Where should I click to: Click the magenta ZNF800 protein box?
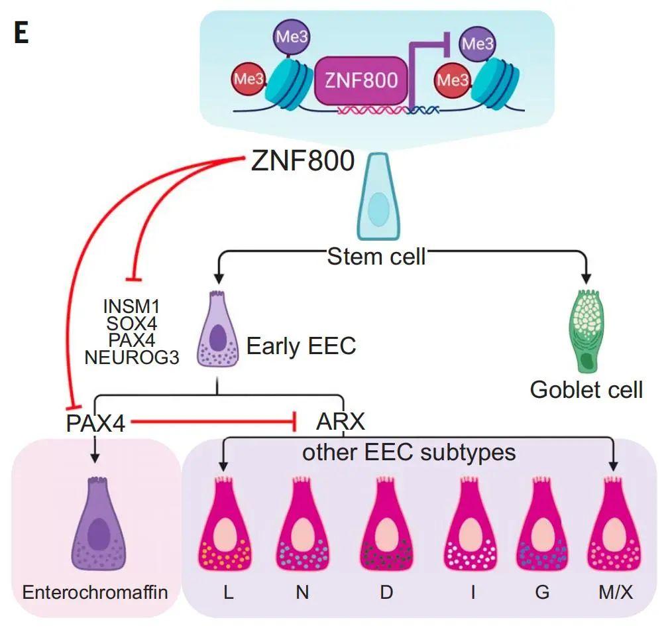click(x=361, y=80)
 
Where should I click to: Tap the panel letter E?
click(x=21, y=33)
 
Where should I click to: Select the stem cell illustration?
click(x=378, y=197)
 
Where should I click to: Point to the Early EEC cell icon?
click(x=217, y=329)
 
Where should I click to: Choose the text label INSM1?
click(x=131, y=306)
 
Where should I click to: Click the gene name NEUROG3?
click(x=132, y=357)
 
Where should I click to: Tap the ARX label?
click(x=341, y=422)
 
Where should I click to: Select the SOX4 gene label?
click(x=132, y=324)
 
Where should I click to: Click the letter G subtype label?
click(x=542, y=592)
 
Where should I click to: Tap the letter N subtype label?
click(x=302, y=592)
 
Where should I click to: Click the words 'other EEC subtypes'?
click(x=409, y=452)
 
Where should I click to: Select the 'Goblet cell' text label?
click(x=586, y=389)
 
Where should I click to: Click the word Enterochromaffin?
click(x=95, y=592)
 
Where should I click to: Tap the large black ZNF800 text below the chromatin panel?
click(x=302, y=161)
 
